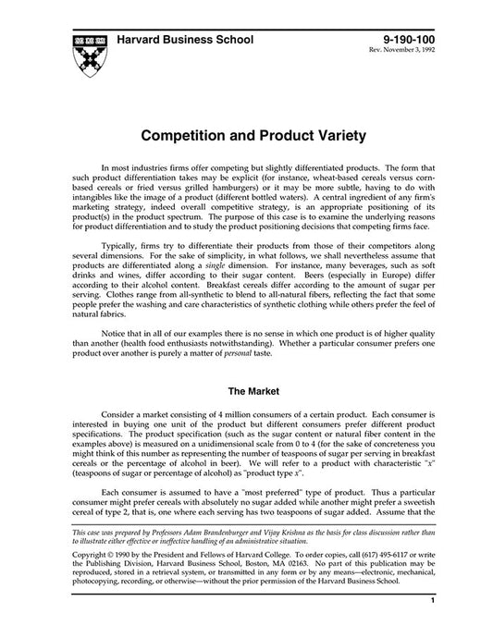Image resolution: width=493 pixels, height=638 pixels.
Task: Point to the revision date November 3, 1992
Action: click(411, 51)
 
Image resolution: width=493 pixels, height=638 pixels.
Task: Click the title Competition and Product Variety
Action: click(245, 134)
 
